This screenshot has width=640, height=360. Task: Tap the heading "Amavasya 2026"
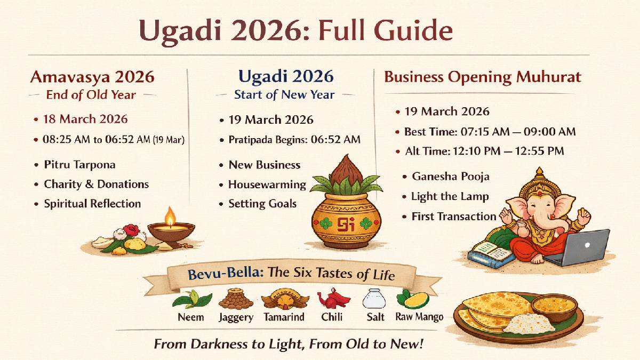click(92, 77)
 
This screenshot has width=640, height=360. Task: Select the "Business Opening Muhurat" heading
click(483, 77)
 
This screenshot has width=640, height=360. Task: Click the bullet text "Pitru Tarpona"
click(79, 165)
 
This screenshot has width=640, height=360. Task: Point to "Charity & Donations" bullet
click(96, 184)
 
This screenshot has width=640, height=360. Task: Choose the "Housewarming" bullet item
click(267, 185)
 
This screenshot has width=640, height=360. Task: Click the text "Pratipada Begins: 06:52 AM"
click(294, 140)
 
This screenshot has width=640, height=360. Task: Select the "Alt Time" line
click(484, 151)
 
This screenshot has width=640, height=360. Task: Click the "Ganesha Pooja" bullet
click(450, 177)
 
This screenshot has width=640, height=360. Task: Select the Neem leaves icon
click(191, 299)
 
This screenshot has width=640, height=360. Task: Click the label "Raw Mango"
click(419, 317)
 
